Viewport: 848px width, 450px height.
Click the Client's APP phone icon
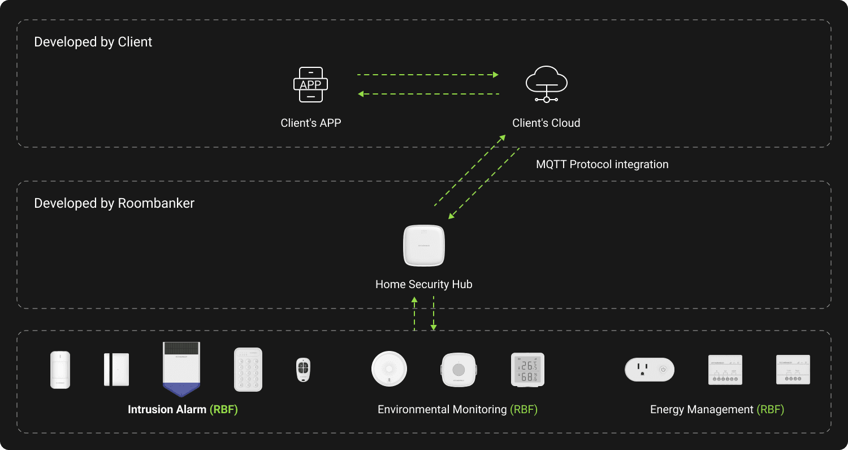coord(310,85)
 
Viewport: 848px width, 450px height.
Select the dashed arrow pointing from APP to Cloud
coord(427,74)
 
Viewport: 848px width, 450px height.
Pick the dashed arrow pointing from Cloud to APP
coord(429,94)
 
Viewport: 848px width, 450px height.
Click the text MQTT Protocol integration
coord(602,165)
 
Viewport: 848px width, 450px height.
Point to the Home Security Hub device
coord(423,246)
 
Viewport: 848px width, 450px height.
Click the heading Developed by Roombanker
coord(114,203)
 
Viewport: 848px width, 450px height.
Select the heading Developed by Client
coord(93,42)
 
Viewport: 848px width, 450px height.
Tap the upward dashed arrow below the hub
coord(414,313)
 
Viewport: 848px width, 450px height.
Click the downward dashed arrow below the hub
coord(434,313)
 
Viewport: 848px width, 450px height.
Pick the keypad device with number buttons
coord(248,370)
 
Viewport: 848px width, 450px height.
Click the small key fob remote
coord(304,370)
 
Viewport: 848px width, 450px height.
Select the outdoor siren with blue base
coord(181,369)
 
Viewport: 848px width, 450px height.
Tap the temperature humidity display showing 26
coord(527,370)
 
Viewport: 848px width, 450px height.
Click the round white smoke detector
coord(389,369)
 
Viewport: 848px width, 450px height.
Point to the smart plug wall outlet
coord(649,370)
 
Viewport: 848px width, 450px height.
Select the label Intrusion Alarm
coord(167,409)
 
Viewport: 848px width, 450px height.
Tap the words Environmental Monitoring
coord(442,409)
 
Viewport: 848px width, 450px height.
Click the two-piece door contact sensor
coord(116,370)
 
